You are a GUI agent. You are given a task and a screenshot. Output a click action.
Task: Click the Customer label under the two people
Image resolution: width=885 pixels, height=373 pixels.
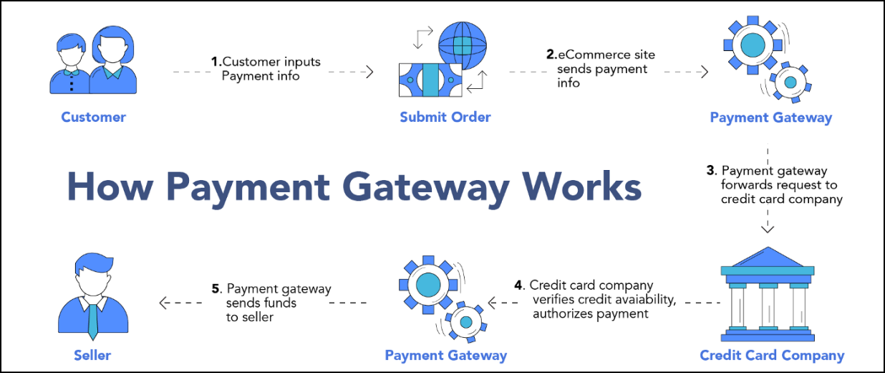[x=93, y=117]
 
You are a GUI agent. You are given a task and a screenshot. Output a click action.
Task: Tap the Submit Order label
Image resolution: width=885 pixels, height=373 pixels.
[x=445, y=117]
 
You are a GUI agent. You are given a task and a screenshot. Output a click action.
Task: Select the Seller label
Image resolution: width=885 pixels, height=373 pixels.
[x=92, y=354]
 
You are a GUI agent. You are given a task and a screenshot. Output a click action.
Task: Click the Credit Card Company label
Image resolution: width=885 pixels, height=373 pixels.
[x=772, y=355]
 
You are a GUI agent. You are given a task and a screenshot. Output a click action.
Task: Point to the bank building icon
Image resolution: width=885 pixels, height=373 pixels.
[x=767, y=294]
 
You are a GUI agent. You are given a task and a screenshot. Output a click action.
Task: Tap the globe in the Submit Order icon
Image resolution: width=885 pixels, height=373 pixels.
[x=462, y=44]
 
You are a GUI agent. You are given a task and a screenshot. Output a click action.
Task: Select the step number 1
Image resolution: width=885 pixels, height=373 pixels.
[x=216, y=62]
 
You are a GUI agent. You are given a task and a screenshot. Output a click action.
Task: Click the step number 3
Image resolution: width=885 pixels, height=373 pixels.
[x=710, y=171]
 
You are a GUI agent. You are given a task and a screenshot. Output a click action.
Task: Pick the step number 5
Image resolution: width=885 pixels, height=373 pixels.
[x=216, y=288]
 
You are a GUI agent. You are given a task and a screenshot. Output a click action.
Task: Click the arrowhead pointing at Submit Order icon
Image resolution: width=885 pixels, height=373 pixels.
[x=370, y=72]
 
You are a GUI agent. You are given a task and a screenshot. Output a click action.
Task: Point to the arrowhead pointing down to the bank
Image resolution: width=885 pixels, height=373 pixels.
[x=768, y=229]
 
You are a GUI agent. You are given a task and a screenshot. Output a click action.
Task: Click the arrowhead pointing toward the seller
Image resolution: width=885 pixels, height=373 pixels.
[x=163, y=303]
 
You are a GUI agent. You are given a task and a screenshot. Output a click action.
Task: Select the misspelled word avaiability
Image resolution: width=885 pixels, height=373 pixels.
[x=644, y=299]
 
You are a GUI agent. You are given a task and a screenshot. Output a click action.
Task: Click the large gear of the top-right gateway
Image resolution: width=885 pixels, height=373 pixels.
[x=753, y=46]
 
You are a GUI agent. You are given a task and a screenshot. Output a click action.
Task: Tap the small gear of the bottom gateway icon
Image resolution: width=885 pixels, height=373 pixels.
[x=465, y=322]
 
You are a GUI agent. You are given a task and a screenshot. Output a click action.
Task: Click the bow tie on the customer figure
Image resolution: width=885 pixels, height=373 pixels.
[x=72, y=72]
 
